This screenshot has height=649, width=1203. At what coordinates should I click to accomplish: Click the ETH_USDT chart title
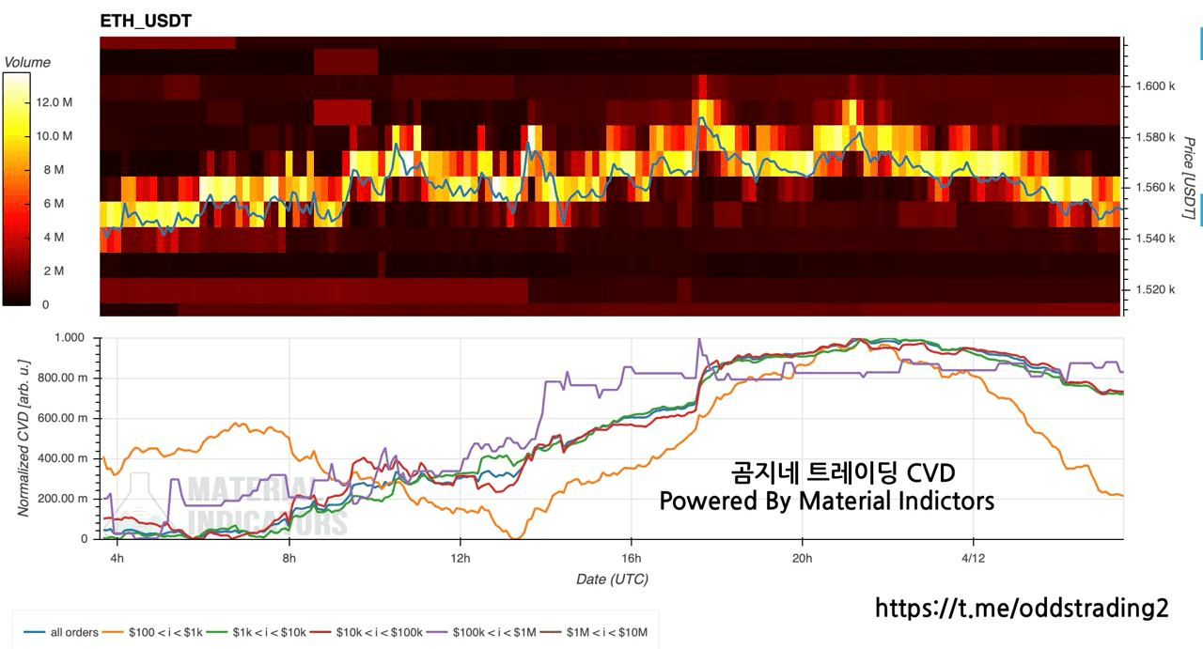pyautogui.click(x=146, y=21)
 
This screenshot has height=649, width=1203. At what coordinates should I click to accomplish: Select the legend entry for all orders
pyautogui.click(x=73, y=632)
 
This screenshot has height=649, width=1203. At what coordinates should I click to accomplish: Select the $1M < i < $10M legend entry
pyautogui.click(x=607, y=632)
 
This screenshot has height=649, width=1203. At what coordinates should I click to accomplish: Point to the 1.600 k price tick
pyautogui.click(x=1156, y=85)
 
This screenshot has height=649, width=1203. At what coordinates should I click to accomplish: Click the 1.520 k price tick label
pyautogui.click(x=1156, y=289)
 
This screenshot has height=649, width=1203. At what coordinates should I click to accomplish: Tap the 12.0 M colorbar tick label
pyautogui.click(x=55, y=102)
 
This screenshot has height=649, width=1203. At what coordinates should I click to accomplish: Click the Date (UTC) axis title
pyautogui.click(x=612, y=579)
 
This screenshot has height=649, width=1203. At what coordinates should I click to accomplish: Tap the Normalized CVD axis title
pyautogui.click(x=23, y=437)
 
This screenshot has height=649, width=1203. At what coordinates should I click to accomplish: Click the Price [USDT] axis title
pyautogui.click(x=1189, y=178)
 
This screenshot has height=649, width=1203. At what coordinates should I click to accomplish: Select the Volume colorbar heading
pyautogui.click(x=27, y=62)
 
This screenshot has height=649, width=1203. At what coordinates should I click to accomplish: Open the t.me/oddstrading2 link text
pyautogui.click(x=1022, y=608)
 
